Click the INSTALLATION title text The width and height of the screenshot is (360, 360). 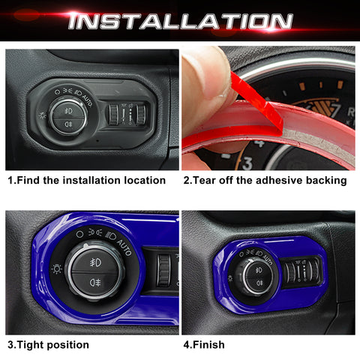pyautogui.click(x=180, y=20)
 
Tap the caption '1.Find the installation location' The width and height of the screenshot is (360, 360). pyautogui.click(x=86, y=180)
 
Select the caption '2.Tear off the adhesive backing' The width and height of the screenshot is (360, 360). pyautogui.click(x=264, y=180)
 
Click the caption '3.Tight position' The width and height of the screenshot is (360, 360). pyautogui.click(x=48, y=345)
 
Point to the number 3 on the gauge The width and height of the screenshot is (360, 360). pyautogui.click(x=247, y=163)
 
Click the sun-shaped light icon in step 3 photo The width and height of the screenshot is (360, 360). pyautogui.click(x=55, y=268)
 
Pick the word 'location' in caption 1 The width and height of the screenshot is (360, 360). pyautogui.click(x=142, y=180)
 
